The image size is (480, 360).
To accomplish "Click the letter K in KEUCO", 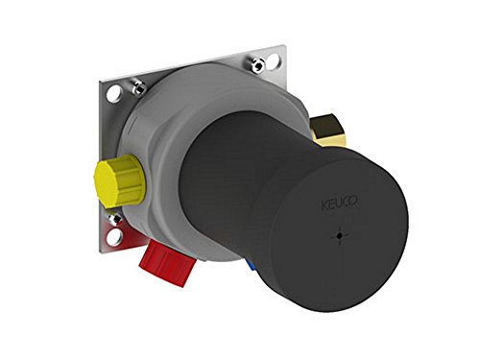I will (x=322, y=204).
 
